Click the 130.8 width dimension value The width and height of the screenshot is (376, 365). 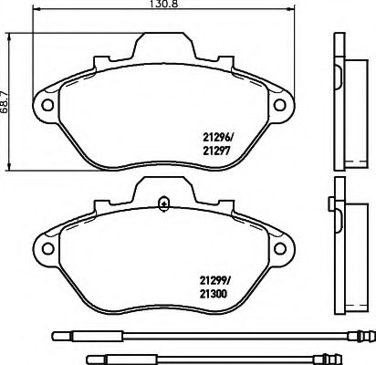pyautogui.click(x=163, y=4)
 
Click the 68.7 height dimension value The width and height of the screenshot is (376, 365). pyautogui.click(x=4, y=101)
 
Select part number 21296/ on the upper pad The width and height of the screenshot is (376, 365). pyautogui.click(x=217, y=138)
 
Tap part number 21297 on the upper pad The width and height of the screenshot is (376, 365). pyautogui.click(x=215, y=151)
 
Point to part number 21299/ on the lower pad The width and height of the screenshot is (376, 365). pyautogui.click(x=215, y=281)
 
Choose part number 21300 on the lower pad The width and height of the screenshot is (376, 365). pyautogui.click(x=214, y=294)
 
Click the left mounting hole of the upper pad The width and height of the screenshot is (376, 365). pyautogui.click(x=47, y=105)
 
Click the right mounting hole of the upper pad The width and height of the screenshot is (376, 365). pyautogui.click(x=279, y=105)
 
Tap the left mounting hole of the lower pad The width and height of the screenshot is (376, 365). pyautogui.click(x=47, y=248)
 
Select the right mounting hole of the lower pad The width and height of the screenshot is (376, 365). pyautogui.click(x=280, y=248)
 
